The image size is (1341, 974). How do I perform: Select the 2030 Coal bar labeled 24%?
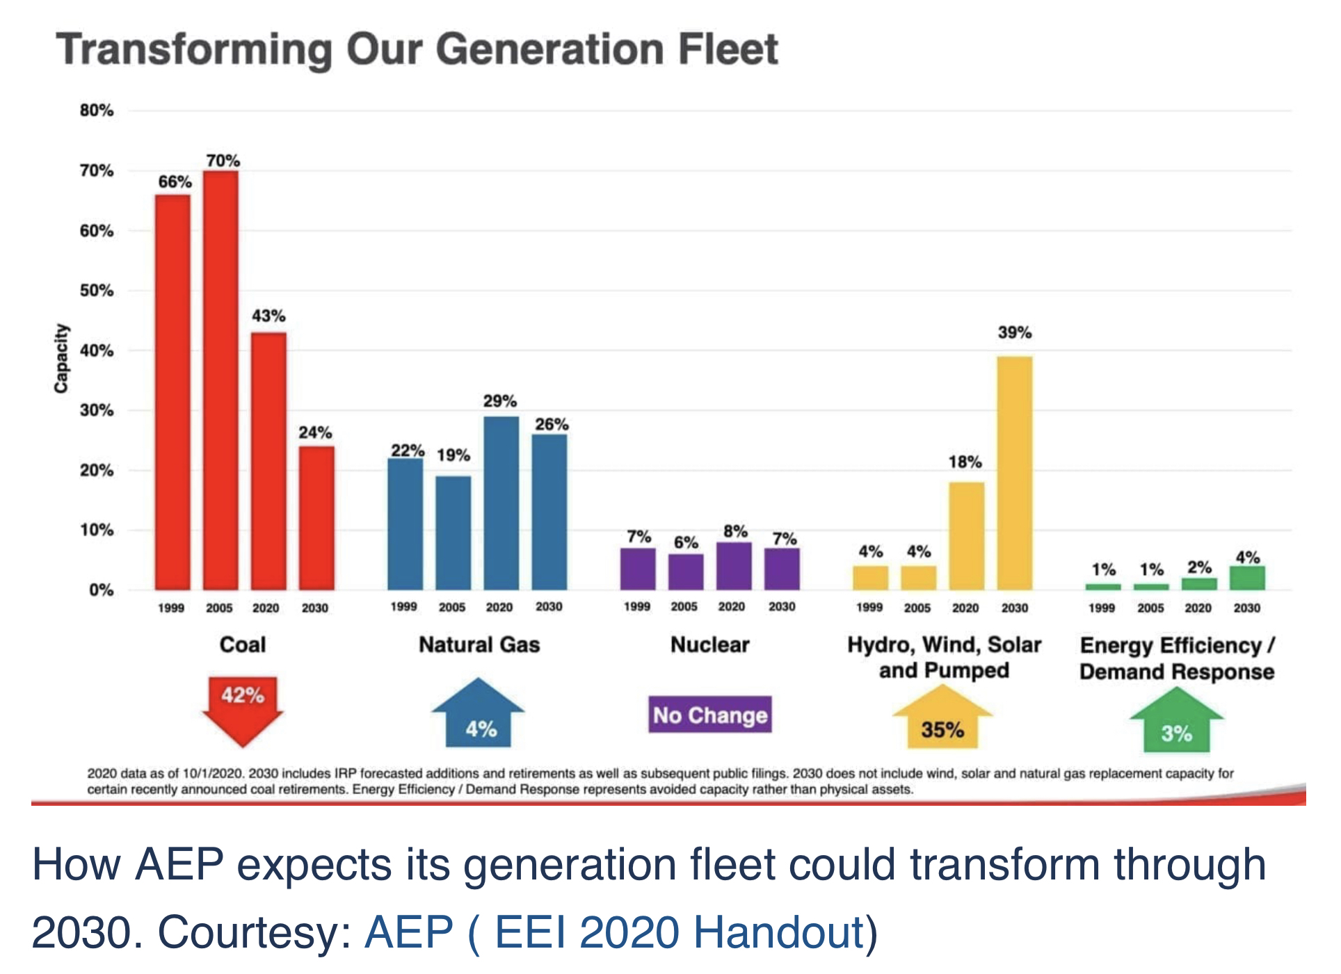click(x=317, y=518)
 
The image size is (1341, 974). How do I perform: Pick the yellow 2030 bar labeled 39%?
click(x=1015, y=473)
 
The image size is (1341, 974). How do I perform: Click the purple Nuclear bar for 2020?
click(x=734, y=566)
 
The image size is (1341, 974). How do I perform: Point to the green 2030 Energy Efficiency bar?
click(x=1247, y=578)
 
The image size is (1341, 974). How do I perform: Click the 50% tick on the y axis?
click(x=96, y=291)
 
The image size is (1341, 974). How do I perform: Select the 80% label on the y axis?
click(x=96, y=111)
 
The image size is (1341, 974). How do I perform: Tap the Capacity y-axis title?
click(x=61, y=358)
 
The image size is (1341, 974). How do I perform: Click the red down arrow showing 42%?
click(x=243, y=706)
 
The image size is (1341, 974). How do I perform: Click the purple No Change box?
click(x=710, y=715)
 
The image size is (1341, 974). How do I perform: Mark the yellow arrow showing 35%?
click(x=942, y=720)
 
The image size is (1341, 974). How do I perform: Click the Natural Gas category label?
click(x=479, y=644)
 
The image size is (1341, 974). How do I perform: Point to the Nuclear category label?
click(x=710, y=644)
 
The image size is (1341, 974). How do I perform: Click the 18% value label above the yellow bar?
click(x=965, y=462)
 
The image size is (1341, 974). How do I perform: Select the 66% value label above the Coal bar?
click(x=175, y=182)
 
